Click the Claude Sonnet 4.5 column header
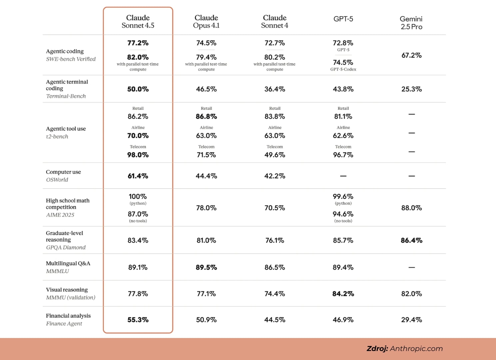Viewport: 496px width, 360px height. [138, 22]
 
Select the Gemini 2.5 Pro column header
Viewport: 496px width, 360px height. [411, 23]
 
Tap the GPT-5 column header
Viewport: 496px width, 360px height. [343, 19]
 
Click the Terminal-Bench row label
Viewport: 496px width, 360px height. [66, 96]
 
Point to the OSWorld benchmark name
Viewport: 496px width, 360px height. [57, 180]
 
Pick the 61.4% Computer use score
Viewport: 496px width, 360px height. [138, 176]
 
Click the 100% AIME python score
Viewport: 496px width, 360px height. [138, 197]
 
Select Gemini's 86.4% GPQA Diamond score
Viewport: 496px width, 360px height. [411, 240]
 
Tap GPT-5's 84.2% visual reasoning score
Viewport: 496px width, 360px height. [343, 294]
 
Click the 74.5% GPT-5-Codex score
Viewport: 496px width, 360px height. [343, 62]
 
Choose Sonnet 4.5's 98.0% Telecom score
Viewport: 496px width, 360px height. [138, 155]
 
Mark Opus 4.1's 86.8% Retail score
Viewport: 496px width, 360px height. [206, 117]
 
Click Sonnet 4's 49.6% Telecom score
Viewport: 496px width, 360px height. [275, 155]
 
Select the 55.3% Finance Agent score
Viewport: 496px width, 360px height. [138, 320]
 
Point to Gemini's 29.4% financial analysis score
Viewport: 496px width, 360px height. [411, 320]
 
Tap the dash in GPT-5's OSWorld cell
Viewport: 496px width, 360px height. [343, 176]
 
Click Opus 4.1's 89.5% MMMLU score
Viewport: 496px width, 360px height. [206, 267]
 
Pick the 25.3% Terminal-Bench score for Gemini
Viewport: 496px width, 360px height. [411, 89]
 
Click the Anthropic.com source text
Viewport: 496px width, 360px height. [416, 349]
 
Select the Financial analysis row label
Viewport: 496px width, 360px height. [68, 316]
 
